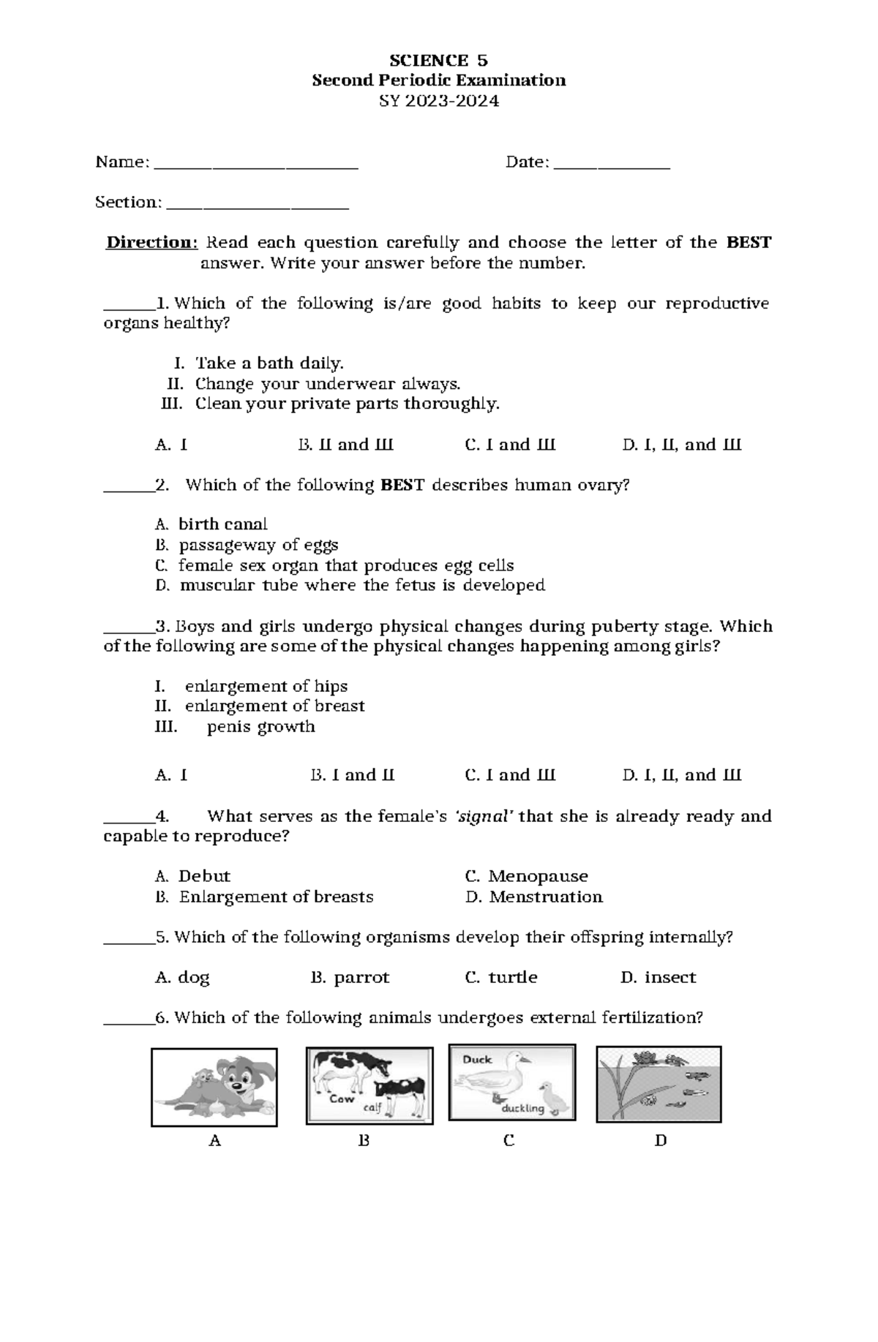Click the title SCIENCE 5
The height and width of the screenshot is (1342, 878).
point(438,60)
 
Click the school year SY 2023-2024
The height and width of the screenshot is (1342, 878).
point(438,101)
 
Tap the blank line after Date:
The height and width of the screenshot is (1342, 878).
point(612,165)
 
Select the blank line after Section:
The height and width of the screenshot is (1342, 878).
point(258,206)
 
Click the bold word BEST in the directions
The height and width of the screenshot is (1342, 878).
point(748,242)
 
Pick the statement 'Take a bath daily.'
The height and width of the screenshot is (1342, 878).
point(269,363)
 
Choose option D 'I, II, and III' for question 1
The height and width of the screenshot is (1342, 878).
point(681,445)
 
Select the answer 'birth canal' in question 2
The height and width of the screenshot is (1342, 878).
point(222,524)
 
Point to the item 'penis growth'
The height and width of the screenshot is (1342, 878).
point(260,726)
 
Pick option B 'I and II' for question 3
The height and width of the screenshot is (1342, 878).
point(352,775)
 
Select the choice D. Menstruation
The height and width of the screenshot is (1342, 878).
point(533,897)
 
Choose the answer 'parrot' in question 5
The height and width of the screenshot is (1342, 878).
point(361,977)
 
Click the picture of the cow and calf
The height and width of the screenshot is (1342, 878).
point(369,1085)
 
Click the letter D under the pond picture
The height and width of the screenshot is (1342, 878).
point(660,1140)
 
